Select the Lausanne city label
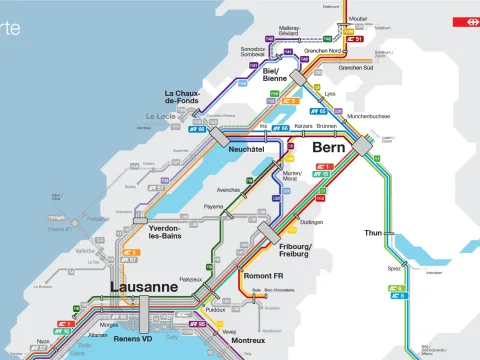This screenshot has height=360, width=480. [144, 287]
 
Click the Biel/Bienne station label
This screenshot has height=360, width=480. [277, 76]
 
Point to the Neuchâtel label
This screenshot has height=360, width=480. [247, 149]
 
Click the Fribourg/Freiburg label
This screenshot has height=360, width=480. [296, 251]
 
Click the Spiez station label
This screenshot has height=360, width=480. [394, 269]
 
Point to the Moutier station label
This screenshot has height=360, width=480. [359, 18]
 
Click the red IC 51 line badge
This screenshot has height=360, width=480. [354, 39]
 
